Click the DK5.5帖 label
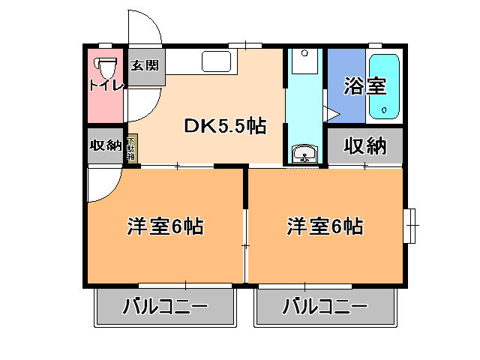click(225, 127)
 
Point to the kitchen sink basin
click(217, 61)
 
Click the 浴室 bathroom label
click(364, 86)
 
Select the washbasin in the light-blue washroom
click(305, 154)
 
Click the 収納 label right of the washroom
click(364, 146)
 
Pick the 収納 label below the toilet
click(104, 145)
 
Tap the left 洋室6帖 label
click(166, 226)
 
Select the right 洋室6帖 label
click(325, 226)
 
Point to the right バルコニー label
click(325, 307)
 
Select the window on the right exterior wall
click(410, 224)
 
